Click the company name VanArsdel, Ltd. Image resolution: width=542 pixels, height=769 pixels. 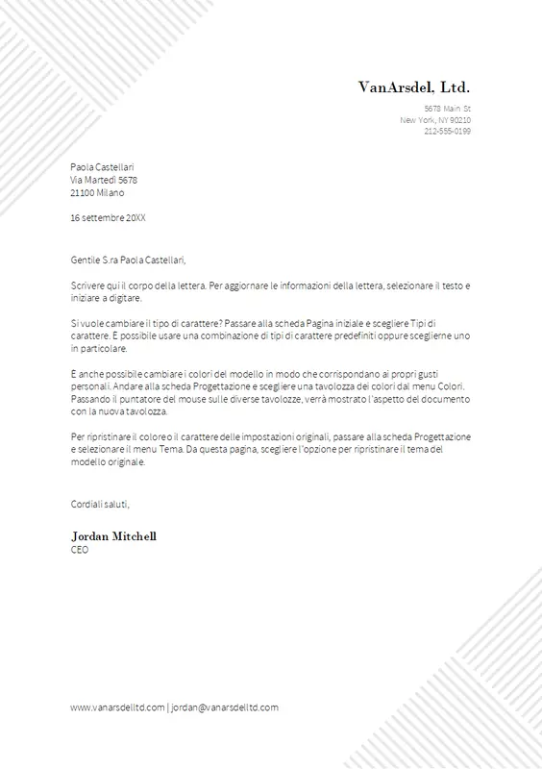tap(414, 87)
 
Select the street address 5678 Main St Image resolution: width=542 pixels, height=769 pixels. tap(447, 109)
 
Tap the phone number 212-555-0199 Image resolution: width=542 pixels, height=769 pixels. tap(447, 131)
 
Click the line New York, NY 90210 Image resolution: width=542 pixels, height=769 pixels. tap(435, 119)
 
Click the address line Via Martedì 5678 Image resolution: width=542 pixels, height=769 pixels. tap(104, 180)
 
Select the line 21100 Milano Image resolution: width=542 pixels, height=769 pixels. tap(97, 192)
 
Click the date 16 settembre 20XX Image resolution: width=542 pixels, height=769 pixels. tap(109, 218)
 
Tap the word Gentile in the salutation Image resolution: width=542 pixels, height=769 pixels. tap(86, 260)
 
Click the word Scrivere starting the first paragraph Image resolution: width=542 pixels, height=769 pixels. tap(88, 286)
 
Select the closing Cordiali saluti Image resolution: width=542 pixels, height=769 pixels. tap(100, 504)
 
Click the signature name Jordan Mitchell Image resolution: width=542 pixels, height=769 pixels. tap(113, 535)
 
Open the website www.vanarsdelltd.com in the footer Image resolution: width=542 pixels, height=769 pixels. tap(116, 707)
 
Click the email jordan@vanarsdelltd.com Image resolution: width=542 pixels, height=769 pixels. tap(225, 707)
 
